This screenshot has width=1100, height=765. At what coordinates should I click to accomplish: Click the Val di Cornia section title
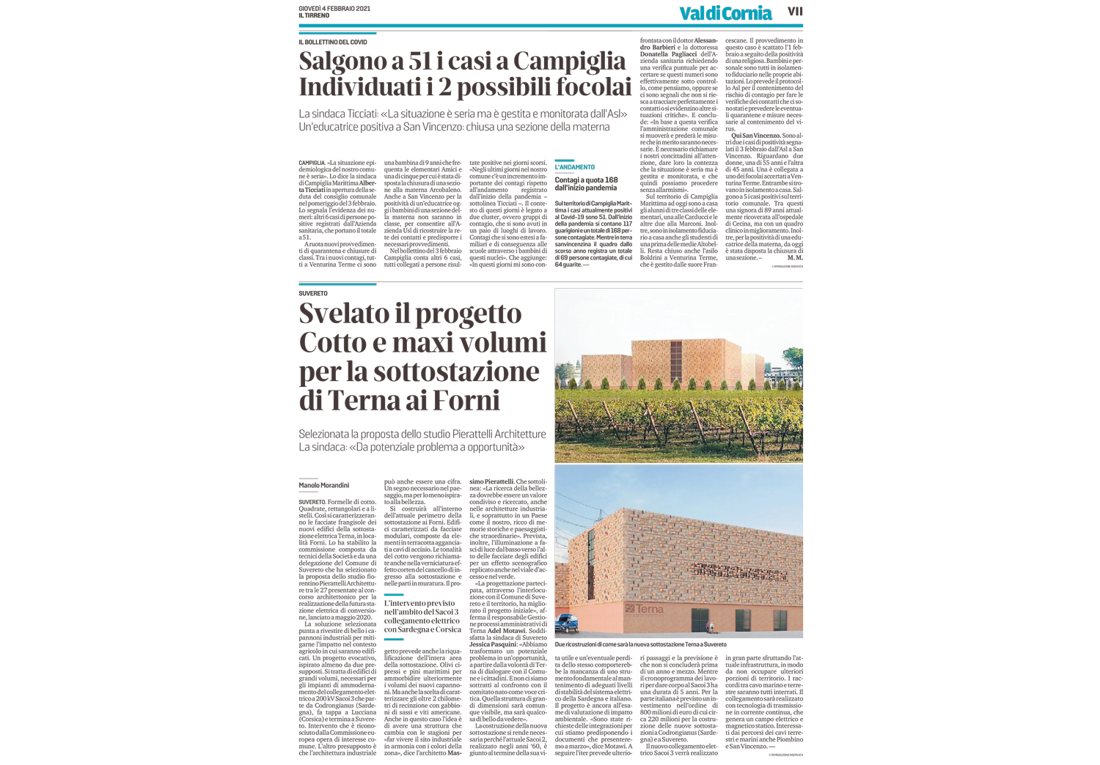pos(725,13)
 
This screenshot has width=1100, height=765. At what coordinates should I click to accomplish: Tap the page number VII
pos(795,11)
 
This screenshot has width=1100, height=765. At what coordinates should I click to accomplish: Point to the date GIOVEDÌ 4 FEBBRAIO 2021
pos(334,8)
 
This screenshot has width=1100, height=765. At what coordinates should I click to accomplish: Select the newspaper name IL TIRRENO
pos(314,15)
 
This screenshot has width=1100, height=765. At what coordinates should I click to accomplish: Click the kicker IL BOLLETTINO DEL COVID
pos(333,42)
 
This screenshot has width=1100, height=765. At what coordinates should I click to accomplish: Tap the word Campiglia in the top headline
pos(569,61)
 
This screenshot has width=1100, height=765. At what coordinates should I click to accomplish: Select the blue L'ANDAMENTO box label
pos(575,167)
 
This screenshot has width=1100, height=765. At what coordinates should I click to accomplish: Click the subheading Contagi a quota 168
pos(586,180)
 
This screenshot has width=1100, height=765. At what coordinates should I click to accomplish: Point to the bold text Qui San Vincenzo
pos(755,136)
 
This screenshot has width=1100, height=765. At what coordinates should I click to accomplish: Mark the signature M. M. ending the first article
pos(794,257)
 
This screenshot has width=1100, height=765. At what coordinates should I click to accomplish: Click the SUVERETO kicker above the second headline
pos(313,293)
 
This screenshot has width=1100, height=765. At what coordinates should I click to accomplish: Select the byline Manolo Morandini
pos(323,485)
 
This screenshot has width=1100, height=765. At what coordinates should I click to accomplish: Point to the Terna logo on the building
pos(645,608)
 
